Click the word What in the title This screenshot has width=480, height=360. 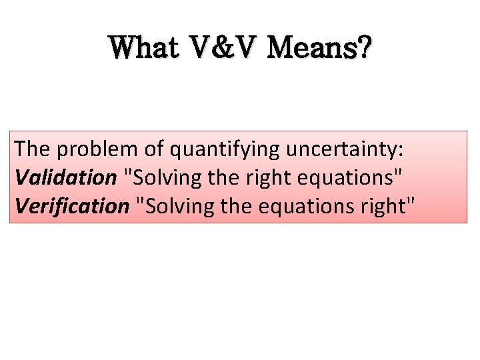[143, 48]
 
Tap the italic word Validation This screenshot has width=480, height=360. [65, 178]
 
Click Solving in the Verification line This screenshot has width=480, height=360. [171, 207]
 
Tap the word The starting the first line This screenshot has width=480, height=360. [33, 149]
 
